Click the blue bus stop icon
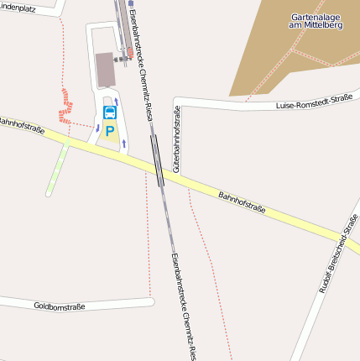[x=110, y=112]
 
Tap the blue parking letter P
[x=110, y=131]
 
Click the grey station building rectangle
[x=105, y=70]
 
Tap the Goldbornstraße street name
[x=60, y=306]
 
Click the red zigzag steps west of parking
[x=64, y=105]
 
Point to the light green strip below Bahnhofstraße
[x=56, y=170]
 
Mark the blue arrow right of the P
[x=124, y=144]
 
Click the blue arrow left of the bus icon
[x=98, y=128]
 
